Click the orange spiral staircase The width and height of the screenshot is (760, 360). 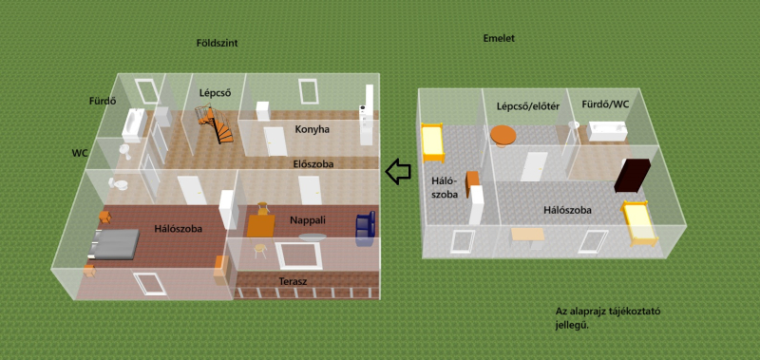215,125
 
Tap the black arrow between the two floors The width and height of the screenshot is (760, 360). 398,172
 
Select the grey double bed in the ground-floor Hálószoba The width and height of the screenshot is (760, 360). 113,243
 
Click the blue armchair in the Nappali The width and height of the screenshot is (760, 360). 366,227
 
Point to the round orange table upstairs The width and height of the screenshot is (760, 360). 503,135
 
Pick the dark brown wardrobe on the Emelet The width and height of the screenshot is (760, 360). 633,176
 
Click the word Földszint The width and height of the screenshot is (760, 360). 217,43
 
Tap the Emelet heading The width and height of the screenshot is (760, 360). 499,38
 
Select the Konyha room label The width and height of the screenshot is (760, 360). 313,129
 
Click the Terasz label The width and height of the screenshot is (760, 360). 293,281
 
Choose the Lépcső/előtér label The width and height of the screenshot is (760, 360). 528,106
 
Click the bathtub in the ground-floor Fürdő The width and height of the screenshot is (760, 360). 133,123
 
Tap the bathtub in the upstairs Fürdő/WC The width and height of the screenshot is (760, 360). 607,131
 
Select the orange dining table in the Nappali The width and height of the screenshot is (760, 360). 261,225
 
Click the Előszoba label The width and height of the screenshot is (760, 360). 313,164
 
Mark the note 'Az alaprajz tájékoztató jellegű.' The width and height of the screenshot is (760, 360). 608,318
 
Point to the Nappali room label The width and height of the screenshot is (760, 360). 308,220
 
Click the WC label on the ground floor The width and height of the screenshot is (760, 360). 80,153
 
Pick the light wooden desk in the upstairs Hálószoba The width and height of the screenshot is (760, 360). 528,236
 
